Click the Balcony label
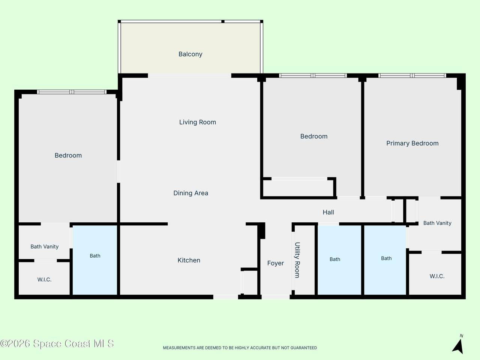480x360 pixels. coord(190,54)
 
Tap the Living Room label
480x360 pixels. coord(198,122)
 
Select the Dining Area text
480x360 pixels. coord(190,193)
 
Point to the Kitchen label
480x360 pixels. coord(189,260)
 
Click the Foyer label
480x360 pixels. coord(275,263)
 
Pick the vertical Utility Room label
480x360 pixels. coord(297,260)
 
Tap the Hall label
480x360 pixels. coord(328,212)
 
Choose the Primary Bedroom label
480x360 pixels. coord(412,143)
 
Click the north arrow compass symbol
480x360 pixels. coord(458,345)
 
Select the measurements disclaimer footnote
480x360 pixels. coord(240,348)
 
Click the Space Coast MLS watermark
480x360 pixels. coord(57,343)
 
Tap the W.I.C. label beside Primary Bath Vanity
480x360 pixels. coord(437,276)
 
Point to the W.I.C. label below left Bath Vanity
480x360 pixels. coord(44,280)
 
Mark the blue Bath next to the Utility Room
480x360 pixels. coord(339,260)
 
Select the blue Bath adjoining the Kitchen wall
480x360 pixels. coord(95,260)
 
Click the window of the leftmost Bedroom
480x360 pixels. coord(72,92)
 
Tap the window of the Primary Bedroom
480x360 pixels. coord(412,76)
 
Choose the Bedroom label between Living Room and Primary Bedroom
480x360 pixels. coord(314,136)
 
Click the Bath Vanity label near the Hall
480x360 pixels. coord(437,223)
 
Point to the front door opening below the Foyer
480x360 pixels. coord(276,297)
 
